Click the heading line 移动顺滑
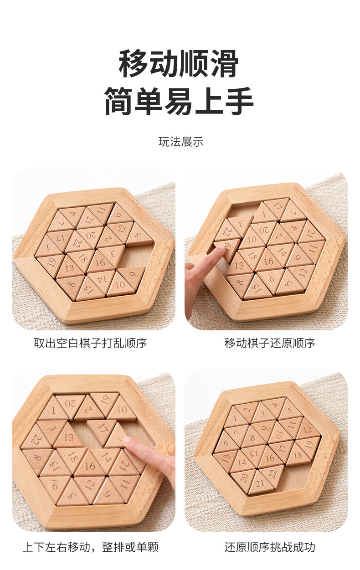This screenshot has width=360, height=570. point(179,63)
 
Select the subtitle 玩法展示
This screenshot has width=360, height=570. point(181,142)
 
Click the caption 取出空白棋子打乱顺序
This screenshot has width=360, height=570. point(90,343)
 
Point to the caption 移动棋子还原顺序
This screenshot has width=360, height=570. point(270,343)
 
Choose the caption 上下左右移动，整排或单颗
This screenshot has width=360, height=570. point(91,547)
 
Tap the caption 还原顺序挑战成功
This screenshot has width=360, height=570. point(270,547)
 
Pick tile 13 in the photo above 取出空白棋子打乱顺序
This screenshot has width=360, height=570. point(69,268)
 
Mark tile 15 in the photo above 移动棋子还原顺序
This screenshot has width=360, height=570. point(257,288)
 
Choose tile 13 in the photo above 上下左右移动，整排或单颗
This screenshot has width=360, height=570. point(69,437)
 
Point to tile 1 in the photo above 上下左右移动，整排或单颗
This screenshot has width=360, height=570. point(53,410)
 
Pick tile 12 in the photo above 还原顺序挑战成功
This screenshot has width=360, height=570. point(307,430)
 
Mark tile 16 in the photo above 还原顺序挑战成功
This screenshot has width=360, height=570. point(270,457)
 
